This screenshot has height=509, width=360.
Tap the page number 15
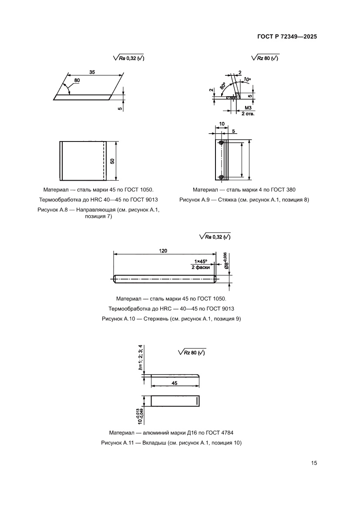point(313,463)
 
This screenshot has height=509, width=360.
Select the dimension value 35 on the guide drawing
point(92,72)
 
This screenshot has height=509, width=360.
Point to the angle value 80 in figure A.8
point(77,81)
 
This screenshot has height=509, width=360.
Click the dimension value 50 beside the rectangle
point(112,161)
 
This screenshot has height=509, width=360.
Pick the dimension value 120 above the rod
point(164,251)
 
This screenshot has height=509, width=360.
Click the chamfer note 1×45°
point(201,261)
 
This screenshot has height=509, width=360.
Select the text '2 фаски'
point(201,267)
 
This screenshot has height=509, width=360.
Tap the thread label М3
point(249,108)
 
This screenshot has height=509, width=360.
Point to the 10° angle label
point(247,79)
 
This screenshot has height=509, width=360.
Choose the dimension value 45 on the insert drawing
point(175,384)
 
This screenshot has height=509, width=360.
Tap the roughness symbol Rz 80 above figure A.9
point(265,58)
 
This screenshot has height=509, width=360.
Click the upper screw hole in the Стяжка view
point(222,143)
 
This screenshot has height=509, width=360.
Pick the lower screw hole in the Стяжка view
point(222,176)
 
